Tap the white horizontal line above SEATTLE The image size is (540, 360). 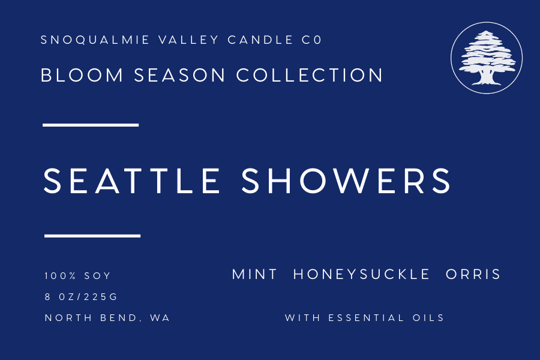click(91, 125)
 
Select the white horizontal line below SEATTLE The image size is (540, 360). click(92, 236)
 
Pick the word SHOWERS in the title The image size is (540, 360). click(346, 181)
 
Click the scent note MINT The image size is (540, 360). click(254, 275)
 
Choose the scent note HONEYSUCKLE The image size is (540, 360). click(362, 275)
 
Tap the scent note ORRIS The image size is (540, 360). click(473, 275)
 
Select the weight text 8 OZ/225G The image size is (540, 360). click(82, 297)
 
